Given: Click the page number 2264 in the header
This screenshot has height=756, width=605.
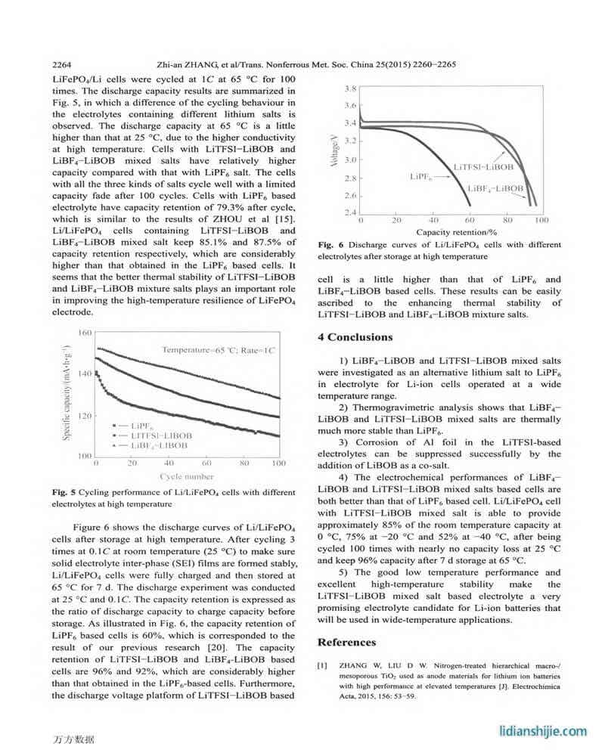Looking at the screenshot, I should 63,65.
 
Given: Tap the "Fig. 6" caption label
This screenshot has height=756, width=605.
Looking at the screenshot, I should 330,245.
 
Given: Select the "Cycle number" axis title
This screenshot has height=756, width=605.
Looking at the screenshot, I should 186,476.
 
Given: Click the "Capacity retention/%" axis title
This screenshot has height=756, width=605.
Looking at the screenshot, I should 451,231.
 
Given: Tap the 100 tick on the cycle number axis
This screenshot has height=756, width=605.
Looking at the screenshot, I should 278,463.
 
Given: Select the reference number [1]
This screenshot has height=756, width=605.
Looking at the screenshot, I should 321,665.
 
